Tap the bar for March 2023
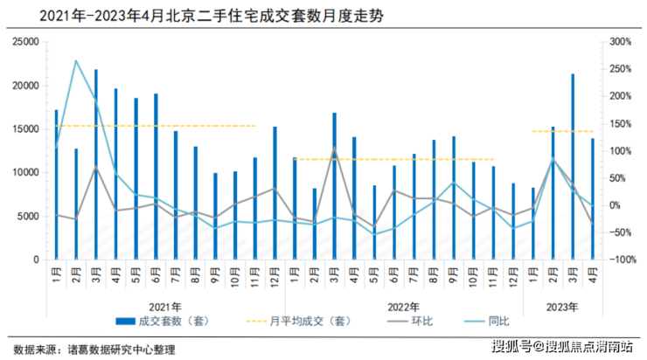[573, 167]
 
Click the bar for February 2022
[315, 224]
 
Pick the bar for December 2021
[275, 193]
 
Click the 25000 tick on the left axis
[28, 42]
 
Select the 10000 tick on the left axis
[28, 173]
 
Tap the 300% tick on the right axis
[619, 42]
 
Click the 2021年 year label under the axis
[164, 307]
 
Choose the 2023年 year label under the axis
[561, 307]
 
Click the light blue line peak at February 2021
[76, 61]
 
